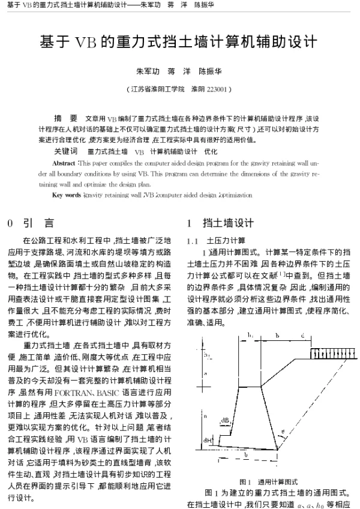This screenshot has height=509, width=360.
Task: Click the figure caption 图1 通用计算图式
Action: [269, 481]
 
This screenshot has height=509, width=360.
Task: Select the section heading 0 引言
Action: [30, 223]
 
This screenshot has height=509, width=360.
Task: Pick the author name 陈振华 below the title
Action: [209, 71]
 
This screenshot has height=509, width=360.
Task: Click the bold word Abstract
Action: [64, 163]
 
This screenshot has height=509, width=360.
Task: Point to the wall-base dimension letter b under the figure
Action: [246, 456]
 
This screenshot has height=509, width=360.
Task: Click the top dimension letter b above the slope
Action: [277, 334]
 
